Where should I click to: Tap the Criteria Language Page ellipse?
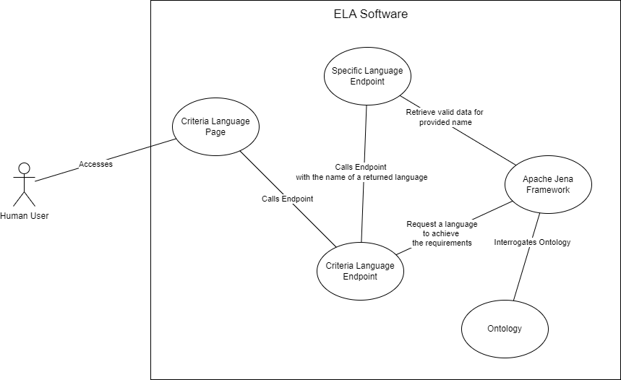click(215, 126)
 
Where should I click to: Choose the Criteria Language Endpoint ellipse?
click(360, 271)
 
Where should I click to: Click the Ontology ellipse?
click(505, 329)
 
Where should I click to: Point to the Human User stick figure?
click(24, 185)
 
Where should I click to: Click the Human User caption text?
click(24, 215)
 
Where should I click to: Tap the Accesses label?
click(95, 164)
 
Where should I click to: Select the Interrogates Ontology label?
click(532, 242)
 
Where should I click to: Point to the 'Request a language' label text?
click(441, 224)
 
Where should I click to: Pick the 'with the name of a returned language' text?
click(361, 177)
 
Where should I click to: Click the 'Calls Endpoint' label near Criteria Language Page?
click(287, 199)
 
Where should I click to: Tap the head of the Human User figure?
click(24, 169)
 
